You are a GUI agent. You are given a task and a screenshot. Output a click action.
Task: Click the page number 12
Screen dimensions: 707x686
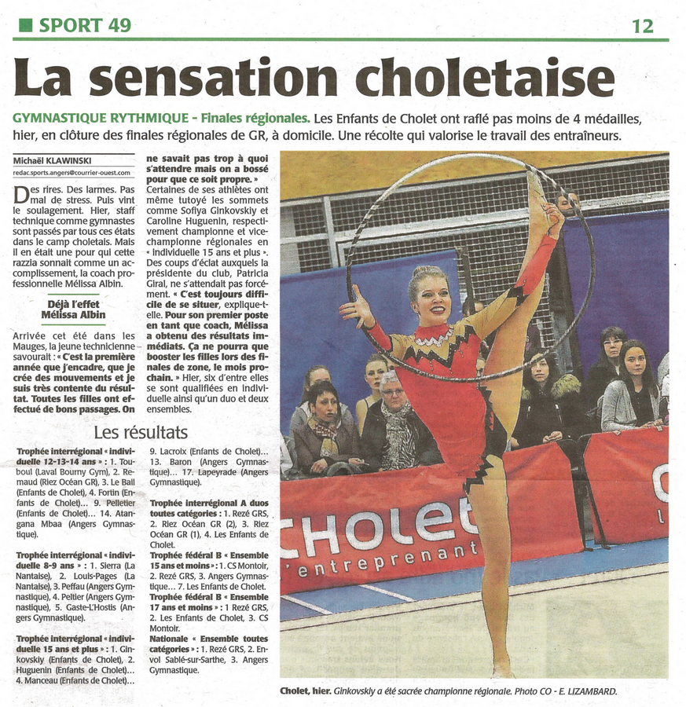642,26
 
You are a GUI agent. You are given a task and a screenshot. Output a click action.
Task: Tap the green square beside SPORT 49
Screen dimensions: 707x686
25,25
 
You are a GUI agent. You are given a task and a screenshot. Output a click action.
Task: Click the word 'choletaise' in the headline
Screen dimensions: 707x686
485,79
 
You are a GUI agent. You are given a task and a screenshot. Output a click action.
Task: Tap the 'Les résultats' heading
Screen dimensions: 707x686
141,433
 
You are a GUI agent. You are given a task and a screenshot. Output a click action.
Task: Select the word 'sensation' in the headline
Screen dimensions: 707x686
218,79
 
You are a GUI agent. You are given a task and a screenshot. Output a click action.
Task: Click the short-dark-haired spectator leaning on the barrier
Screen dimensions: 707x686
324,424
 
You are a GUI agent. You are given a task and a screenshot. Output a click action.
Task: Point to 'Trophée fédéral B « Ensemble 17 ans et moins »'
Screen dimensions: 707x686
208,602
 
